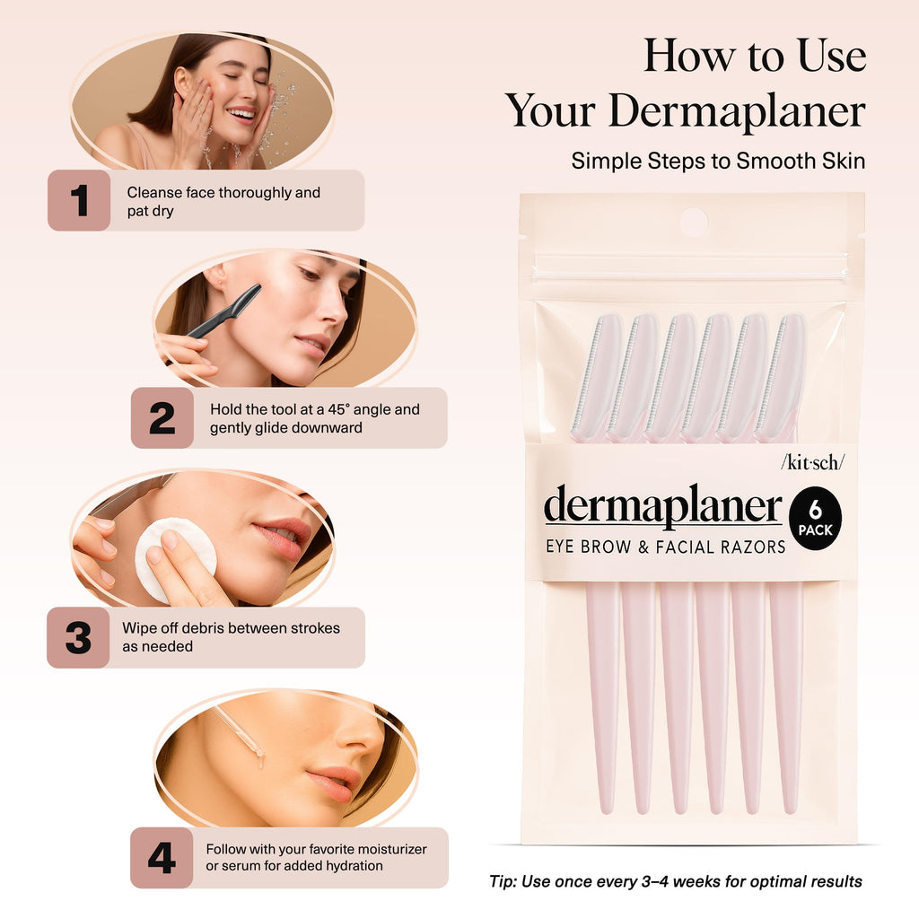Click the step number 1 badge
point(79,200)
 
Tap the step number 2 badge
point(162,418)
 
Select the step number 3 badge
point(78,637)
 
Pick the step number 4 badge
point(162,858)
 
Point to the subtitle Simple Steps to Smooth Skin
point(718,161)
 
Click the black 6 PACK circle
point(814,519)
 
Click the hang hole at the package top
point(692,221)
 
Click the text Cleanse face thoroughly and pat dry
point(223,201)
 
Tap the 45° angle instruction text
point(314,418)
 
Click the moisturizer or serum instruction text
point(316,857)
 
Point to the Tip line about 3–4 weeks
point(675,881)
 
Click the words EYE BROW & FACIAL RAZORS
point(665,546)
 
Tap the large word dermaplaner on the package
point(662,507)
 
